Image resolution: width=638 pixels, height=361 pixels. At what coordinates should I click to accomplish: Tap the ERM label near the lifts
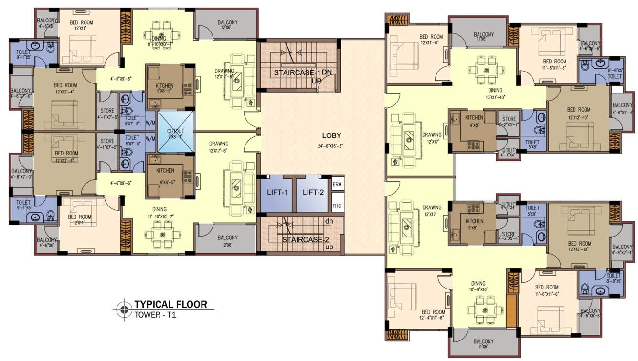[337, 184]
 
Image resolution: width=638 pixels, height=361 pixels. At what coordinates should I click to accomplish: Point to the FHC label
[337, 206]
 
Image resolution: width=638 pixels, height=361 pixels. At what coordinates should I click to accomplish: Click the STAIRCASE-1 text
[296, 73]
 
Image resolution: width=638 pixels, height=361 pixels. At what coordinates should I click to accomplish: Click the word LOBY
[331, 135]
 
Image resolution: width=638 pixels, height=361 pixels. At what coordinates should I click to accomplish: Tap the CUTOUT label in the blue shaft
[175, 132]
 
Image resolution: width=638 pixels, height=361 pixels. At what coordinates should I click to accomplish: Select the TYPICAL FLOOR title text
[170, 304]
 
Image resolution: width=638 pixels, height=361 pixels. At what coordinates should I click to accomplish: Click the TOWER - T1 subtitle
[155, 315]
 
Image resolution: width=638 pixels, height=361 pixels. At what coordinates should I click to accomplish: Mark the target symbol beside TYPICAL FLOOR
[124, 309]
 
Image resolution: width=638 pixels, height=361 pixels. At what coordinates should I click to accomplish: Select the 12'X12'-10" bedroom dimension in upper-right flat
[579, 117]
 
